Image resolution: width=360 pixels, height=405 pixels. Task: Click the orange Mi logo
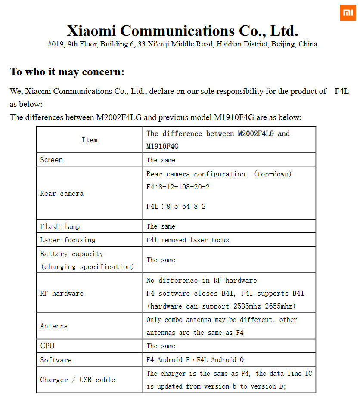tap(348, 13)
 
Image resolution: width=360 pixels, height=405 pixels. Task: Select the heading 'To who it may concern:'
tap(67, 71)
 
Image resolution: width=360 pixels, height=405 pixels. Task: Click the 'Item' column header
tap(90, 140)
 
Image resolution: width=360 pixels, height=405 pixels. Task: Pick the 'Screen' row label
tap(51, 160)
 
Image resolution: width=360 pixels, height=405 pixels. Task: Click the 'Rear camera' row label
tap(62, 194)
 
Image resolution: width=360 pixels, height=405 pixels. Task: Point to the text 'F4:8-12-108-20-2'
tap(178, 187)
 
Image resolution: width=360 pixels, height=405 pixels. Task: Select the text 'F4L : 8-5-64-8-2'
tap(176, 207)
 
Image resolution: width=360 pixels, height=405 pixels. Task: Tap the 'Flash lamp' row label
tap(60, 226)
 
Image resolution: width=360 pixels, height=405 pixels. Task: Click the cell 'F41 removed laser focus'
tap(188, 240)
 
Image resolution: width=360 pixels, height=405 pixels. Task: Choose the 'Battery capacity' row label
tap(71, 254)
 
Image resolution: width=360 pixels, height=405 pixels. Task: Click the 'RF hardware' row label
tap(62, 293)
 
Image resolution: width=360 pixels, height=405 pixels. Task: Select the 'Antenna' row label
tap(54, 326)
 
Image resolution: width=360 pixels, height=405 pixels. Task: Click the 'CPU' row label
tap(47, 346)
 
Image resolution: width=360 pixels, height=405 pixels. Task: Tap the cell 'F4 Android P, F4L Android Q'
tap(195, 360)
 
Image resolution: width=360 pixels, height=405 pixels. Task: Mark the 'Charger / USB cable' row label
tap(78, 380)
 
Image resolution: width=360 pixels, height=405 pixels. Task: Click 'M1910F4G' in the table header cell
tap(162, 146)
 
